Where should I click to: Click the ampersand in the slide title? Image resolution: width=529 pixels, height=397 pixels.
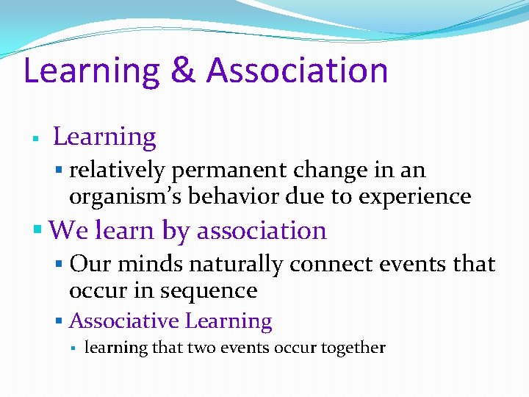click(x=182, y=71)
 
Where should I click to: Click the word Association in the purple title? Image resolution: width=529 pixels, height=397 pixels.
click(x=297, y=71)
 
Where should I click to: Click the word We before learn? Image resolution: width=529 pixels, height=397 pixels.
click(x=68, y=231)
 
